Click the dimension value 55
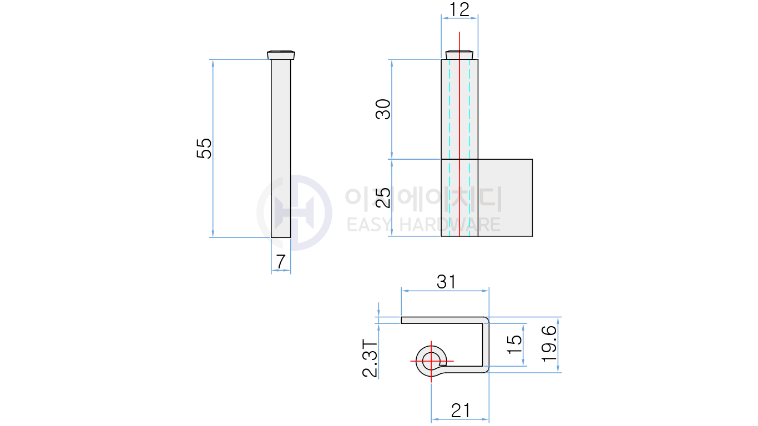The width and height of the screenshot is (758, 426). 204,148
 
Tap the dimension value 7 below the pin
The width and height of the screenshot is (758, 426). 281,262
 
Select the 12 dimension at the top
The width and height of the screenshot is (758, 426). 459,9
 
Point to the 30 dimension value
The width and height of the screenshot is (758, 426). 383,109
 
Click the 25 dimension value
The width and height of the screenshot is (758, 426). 383,197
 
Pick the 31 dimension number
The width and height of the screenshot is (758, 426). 446,282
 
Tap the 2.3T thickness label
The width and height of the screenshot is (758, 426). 370,358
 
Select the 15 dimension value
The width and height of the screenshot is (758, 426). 514,344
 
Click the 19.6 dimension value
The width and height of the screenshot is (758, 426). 549,344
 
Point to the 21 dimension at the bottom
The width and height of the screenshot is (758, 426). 461,411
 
